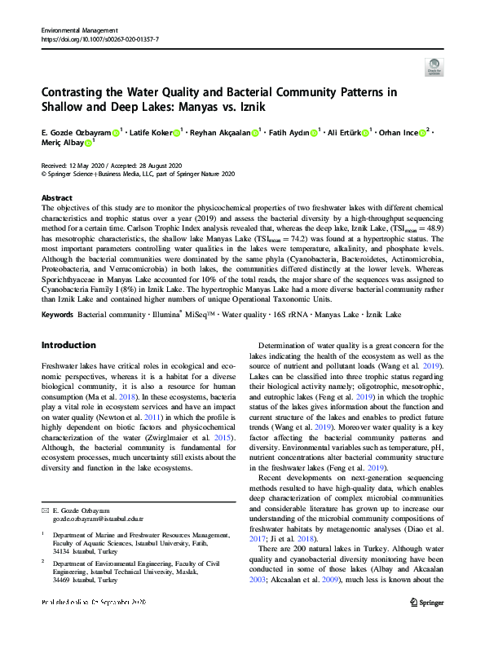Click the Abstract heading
tap(56, 198)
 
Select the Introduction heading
tap(68, 345)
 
